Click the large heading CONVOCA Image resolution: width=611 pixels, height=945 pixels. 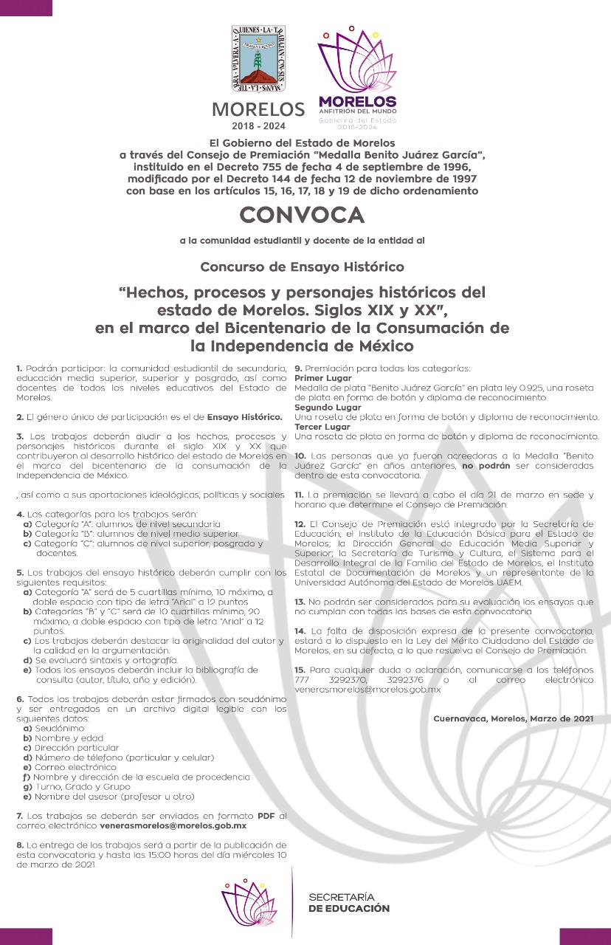tap(302, 215)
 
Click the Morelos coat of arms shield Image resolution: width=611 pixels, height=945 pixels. tap(258, 59)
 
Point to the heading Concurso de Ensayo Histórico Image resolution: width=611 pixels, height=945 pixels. tap(302, 266)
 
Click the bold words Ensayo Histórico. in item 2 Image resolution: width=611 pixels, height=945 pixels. tap(245, 417)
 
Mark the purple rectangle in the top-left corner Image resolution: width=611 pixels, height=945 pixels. tap(26, 7)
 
